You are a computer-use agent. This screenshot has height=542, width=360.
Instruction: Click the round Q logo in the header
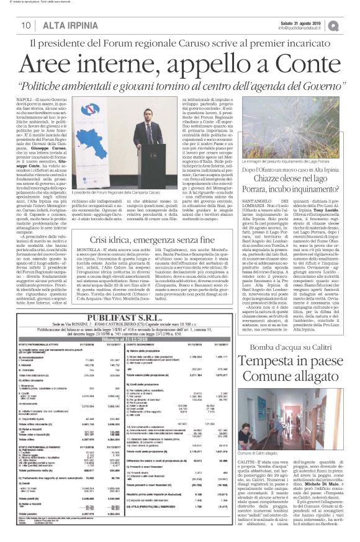tap(351, 25)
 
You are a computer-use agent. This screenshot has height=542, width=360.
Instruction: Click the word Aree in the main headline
tap(86, 66)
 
